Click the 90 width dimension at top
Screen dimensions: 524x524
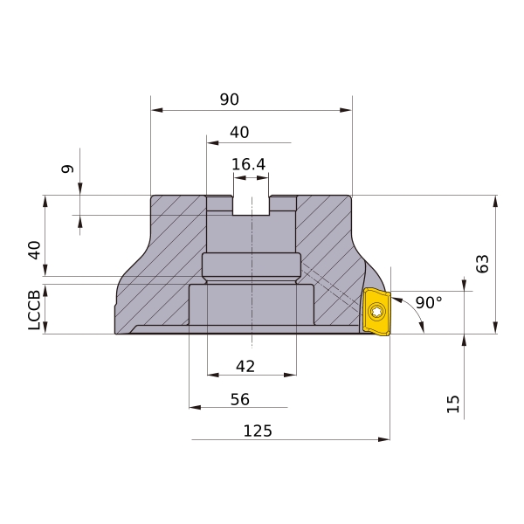pyautogui.click(x=229, y=100)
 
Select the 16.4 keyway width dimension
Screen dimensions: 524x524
pyautogui.click(x=248, y=164)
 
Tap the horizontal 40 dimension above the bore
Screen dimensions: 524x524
pyautogui.click(x=239, y=133)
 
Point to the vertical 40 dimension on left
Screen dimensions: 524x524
pyautogui.click(x=34, y=250)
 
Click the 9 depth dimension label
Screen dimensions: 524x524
pyautogui.click(x=67, y=169)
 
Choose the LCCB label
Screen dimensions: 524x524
pyautogui.click(x=34, y=310)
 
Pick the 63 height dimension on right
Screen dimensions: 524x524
pyautogui.click(x=482, y=264)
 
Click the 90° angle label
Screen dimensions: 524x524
pyautogui.click(x=429, y=302)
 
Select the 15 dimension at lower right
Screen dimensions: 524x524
pyautogui.click(x=453, y=404)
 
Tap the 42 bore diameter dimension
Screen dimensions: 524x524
pyautogui.click(x=245, y=367)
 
